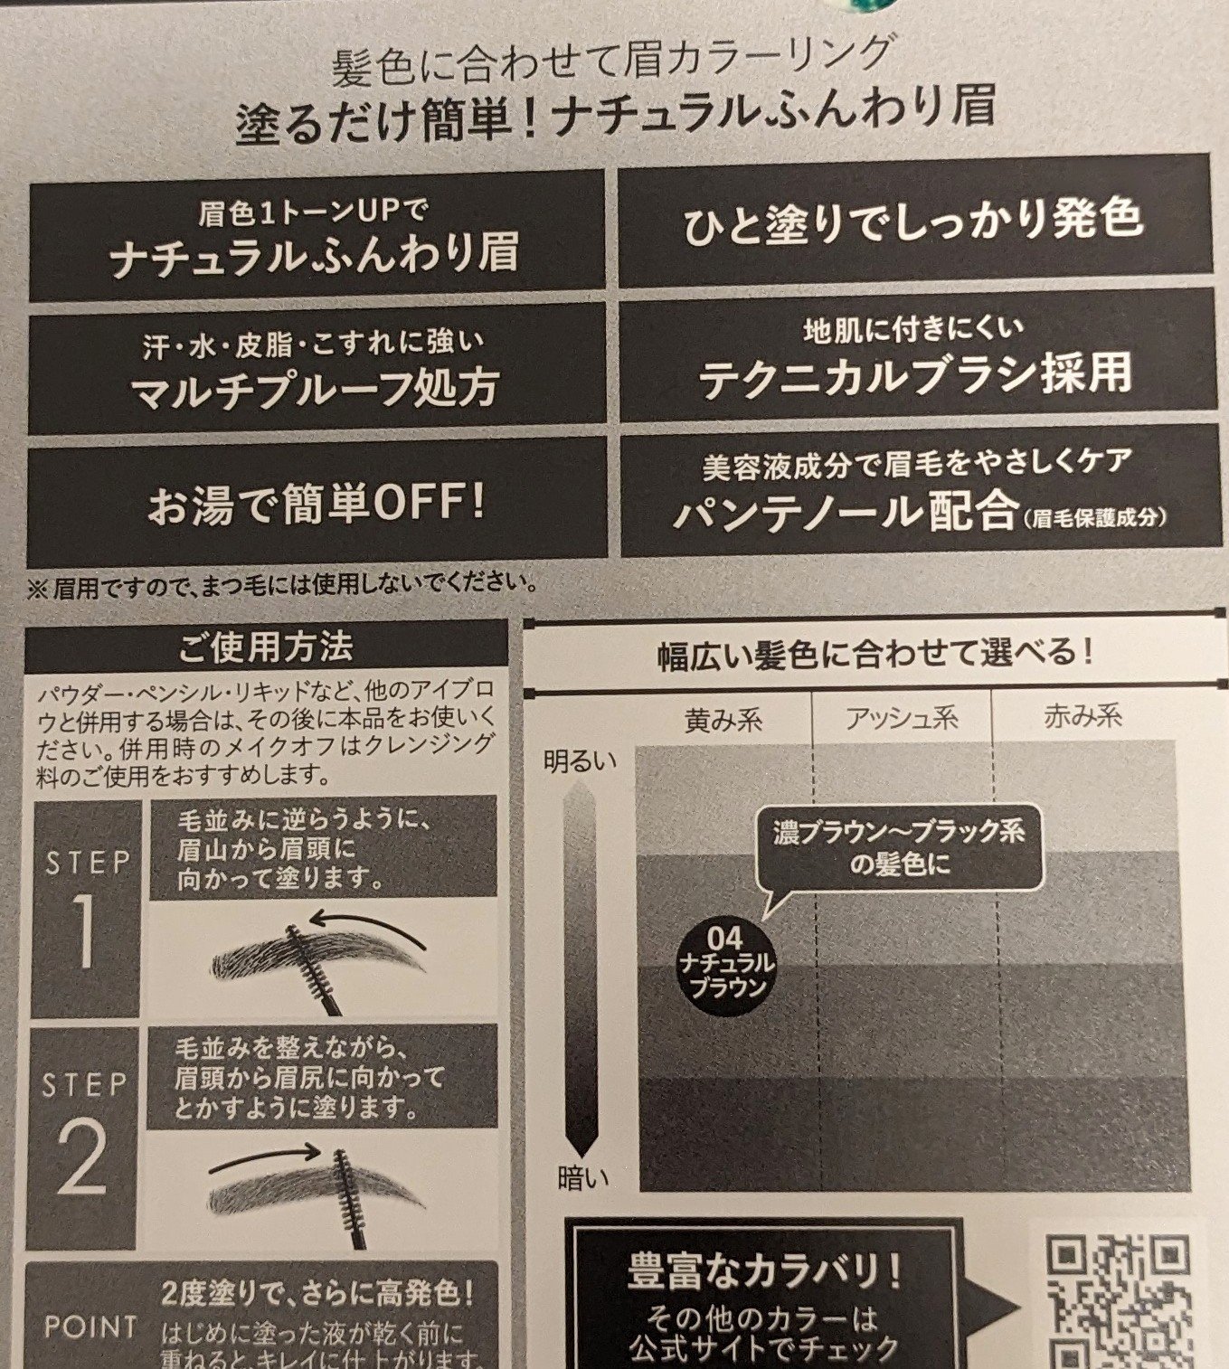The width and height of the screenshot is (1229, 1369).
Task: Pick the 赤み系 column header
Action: click(x=1083, y=716)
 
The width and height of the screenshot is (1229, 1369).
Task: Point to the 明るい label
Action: click(x=580, y=761)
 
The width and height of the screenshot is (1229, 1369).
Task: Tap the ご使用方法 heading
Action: click(x=266, y=647)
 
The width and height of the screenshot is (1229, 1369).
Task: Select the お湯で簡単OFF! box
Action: click(x=317, y=504)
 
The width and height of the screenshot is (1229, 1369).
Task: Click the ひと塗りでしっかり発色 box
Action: click(x=913, y=221)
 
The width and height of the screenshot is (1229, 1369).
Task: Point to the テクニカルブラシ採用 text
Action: click(x=915, y=376)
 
